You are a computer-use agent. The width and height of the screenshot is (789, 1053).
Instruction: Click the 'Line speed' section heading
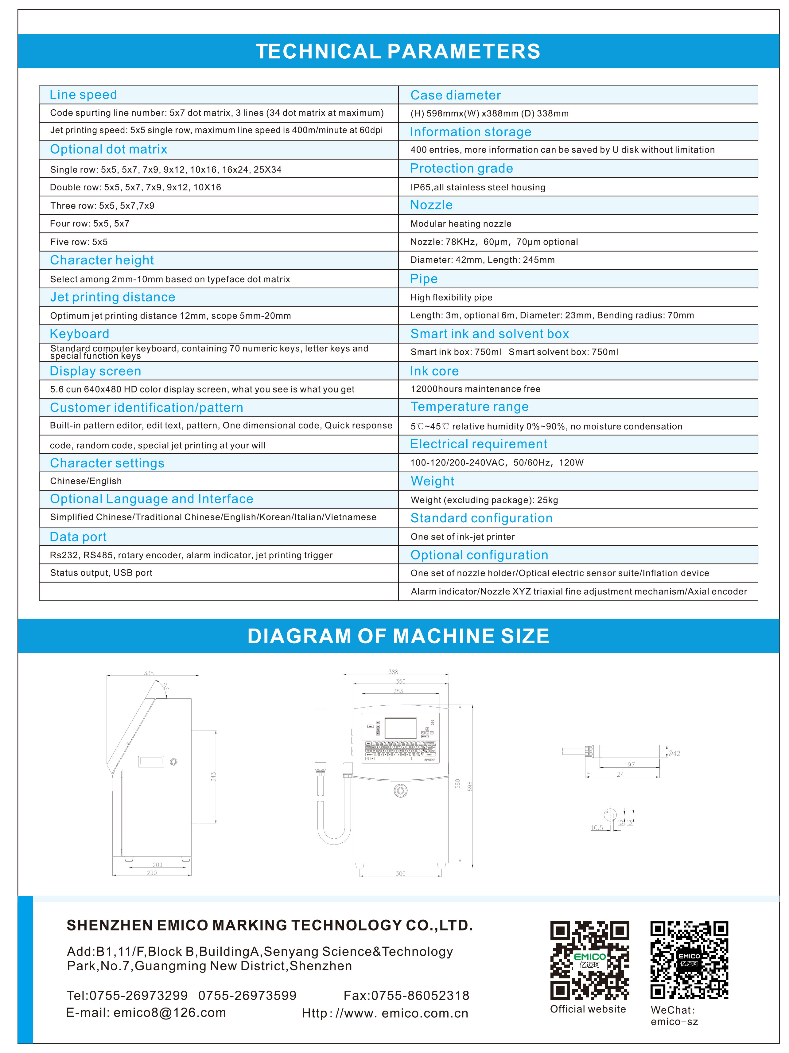coord(83,95)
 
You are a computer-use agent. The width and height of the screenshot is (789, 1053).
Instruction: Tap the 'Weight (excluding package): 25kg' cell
coord(484,500)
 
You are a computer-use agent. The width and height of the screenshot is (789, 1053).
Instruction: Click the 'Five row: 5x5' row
coord(79,242)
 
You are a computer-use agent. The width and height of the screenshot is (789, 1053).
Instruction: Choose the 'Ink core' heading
coord(434,371)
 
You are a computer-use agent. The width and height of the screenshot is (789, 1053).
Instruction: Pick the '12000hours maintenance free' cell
coord(476,389)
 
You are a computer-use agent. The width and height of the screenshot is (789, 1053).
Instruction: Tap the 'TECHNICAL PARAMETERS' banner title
coord(398,51)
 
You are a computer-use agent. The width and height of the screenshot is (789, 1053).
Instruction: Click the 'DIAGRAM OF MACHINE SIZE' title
coord(398,636)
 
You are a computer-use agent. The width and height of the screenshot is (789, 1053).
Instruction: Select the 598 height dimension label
coord(470,786)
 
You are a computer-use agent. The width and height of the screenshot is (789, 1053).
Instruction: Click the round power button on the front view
coord(400,791)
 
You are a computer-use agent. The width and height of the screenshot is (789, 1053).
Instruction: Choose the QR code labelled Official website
coord(589,960)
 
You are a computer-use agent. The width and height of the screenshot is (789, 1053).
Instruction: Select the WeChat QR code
coord(689,960)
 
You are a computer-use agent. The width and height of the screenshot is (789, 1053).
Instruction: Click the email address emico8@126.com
coord(169,1012)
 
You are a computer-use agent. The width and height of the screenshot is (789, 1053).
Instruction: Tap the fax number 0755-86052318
coord(420,995)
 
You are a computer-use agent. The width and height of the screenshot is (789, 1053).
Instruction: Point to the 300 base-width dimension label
coord(401,874)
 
